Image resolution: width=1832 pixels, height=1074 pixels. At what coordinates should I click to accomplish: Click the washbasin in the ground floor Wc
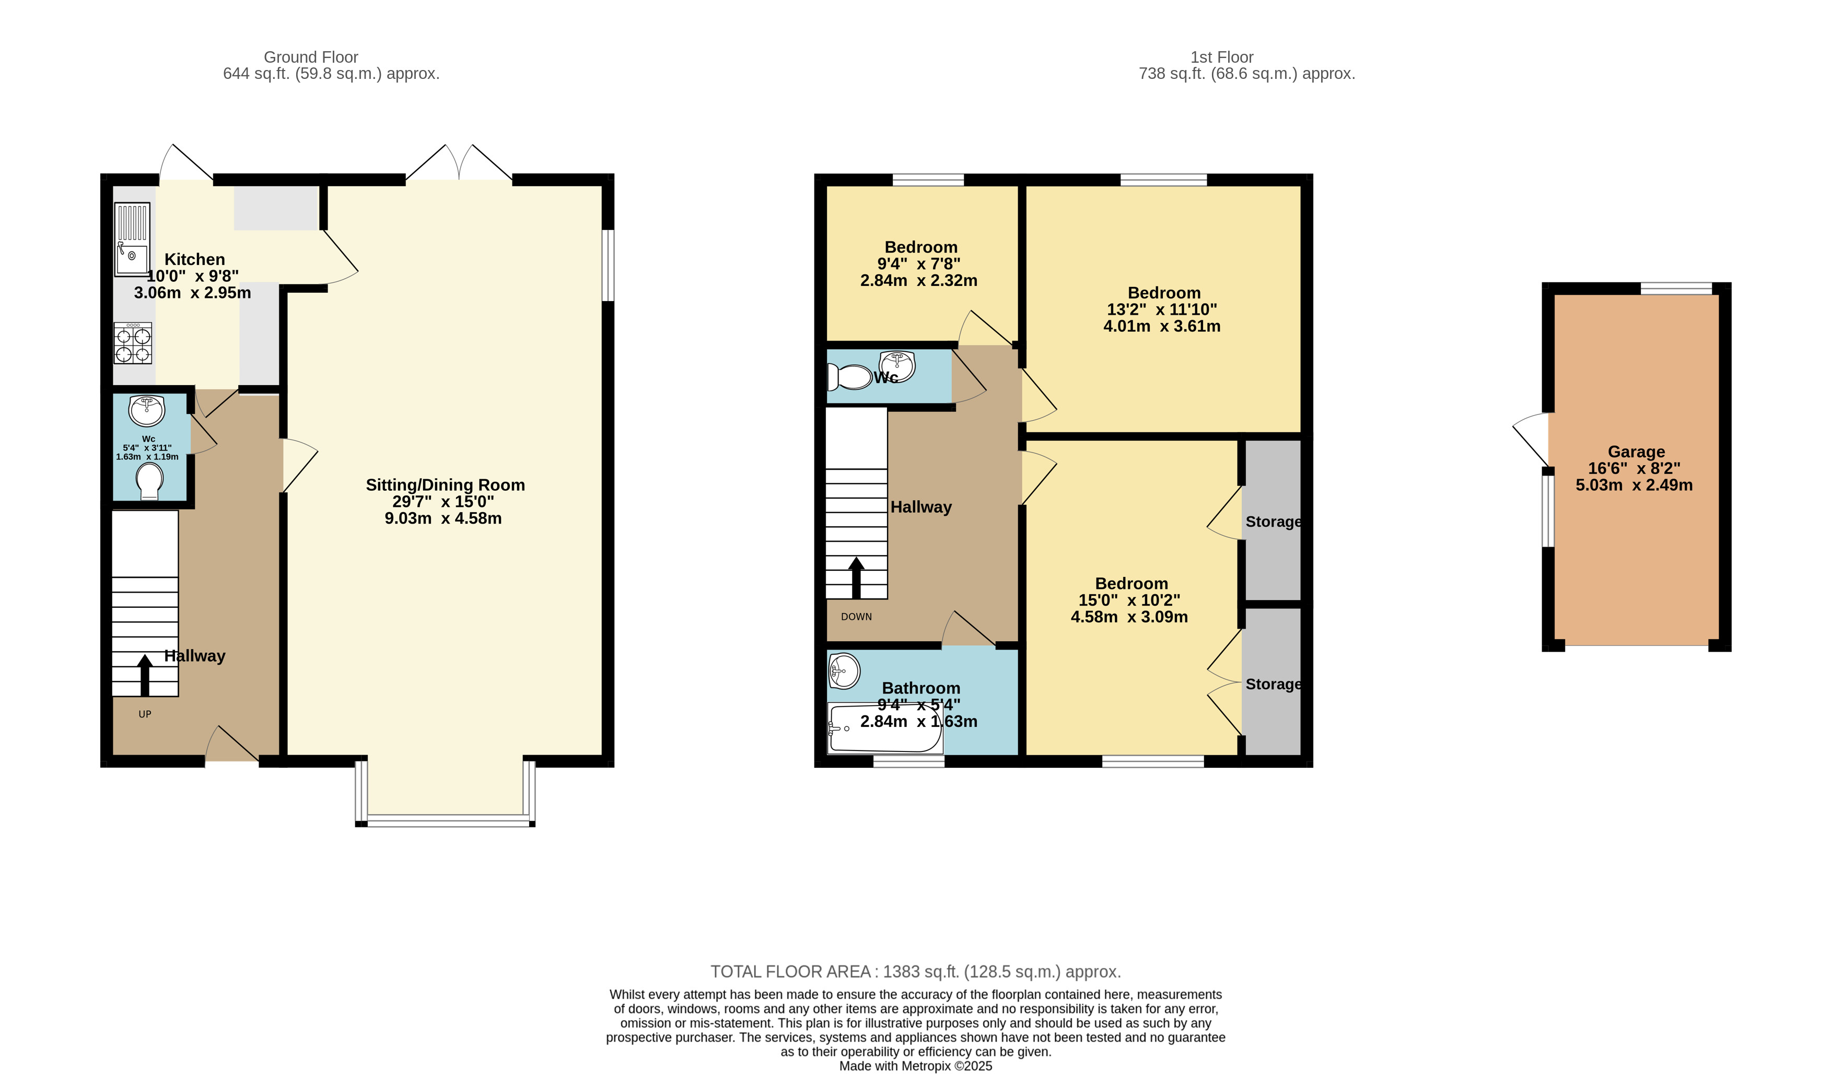pos(147,410)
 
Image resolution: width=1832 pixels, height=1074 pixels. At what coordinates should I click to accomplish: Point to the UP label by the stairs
pos(145,714)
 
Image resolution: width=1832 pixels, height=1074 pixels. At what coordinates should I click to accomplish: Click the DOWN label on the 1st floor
pos(856,617)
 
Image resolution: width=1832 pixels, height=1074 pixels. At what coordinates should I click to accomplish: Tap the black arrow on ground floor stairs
pos(145,675)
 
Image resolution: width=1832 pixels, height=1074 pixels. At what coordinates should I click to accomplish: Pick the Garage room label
pos(1636,452)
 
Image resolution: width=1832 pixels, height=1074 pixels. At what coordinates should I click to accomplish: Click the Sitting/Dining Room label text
pos(445,485)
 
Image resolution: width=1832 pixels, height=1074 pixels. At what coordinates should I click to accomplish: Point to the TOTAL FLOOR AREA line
pos(915,972)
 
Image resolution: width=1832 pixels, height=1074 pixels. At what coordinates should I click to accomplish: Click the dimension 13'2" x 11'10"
pos(1162,309)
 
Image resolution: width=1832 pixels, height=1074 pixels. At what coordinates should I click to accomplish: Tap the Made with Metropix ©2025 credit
pos(915,1066)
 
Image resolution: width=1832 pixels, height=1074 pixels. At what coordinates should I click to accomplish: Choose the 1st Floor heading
pos(1221,57)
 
